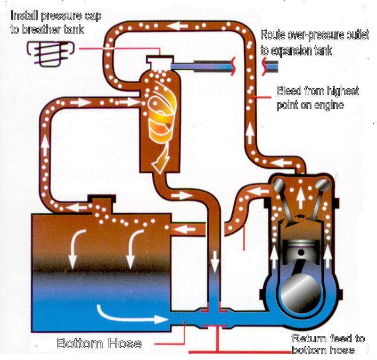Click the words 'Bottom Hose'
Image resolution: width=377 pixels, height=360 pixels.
(99, 343)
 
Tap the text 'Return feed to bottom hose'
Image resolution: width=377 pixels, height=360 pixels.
(328, 344)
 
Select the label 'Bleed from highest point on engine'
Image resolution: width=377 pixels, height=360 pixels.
(317, 98)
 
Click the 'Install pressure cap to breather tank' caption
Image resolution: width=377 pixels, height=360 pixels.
(55, 22)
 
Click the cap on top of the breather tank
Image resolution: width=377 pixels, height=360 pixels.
(160, 61)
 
